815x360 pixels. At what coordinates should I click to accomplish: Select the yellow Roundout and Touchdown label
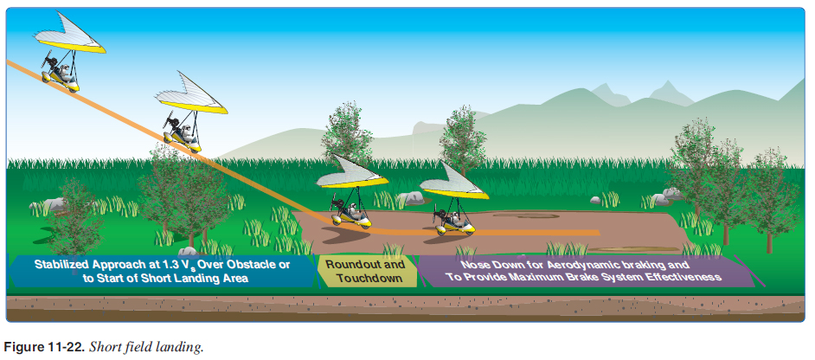[367, 271]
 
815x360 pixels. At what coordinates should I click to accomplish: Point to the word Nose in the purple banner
[474, 264]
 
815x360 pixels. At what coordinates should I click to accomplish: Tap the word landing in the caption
[182, 348]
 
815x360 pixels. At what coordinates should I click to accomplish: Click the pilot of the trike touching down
[354, 210]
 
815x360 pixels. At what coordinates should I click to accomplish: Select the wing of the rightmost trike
[455, 182]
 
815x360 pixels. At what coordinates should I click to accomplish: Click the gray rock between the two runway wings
[414, 197]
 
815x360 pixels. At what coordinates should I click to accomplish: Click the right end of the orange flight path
[600, 233]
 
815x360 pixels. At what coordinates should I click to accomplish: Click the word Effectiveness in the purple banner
[689, 277]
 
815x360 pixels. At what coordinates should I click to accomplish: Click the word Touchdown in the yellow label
[369, 279]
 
